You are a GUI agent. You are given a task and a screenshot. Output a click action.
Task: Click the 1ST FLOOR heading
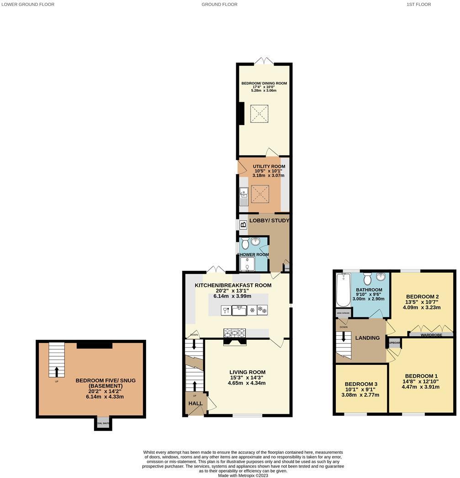pos(418,5)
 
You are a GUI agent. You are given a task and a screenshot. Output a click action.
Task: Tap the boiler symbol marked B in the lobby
pos(243,224)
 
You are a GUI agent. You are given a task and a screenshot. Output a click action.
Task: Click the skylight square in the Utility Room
pos(259,193)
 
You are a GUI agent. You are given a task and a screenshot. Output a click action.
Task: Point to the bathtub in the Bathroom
pos(342,290)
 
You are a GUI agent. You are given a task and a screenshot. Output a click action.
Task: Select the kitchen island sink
pos(239,310)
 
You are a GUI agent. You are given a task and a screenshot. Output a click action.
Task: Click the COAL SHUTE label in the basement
pos(103,423)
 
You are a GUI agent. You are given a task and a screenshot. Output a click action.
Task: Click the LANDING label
pos(368,338)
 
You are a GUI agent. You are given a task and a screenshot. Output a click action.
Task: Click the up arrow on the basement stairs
pos(57,370)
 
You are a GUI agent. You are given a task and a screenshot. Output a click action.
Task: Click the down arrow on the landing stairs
pos(344,338)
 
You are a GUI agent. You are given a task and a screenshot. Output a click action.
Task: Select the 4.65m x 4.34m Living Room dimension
pos(247,383)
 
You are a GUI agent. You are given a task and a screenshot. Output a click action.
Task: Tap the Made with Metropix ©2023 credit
pos(243,475)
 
